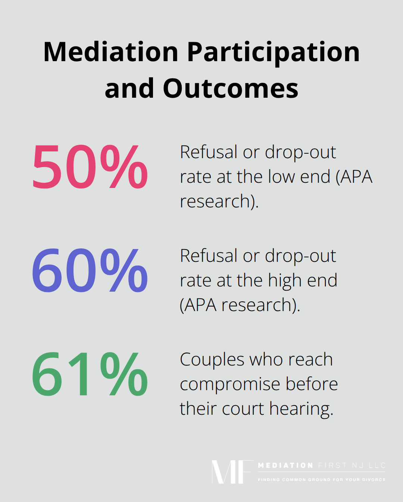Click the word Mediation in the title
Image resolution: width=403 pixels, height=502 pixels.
(x=111, y=52)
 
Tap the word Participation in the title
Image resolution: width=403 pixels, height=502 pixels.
(x=274, y=52)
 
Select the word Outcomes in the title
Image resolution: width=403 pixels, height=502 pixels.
(x=230, y=88)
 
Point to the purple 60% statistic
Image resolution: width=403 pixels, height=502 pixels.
(x=90, y=270)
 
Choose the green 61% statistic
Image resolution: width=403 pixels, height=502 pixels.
(x=90, y=374)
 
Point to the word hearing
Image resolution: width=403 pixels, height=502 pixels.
(x=301, y=409)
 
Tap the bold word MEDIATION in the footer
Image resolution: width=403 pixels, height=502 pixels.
(x=285, y=465)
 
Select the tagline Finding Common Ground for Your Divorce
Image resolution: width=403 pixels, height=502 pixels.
(x=322, y=480)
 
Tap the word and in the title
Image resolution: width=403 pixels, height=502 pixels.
(x=129, y=88)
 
